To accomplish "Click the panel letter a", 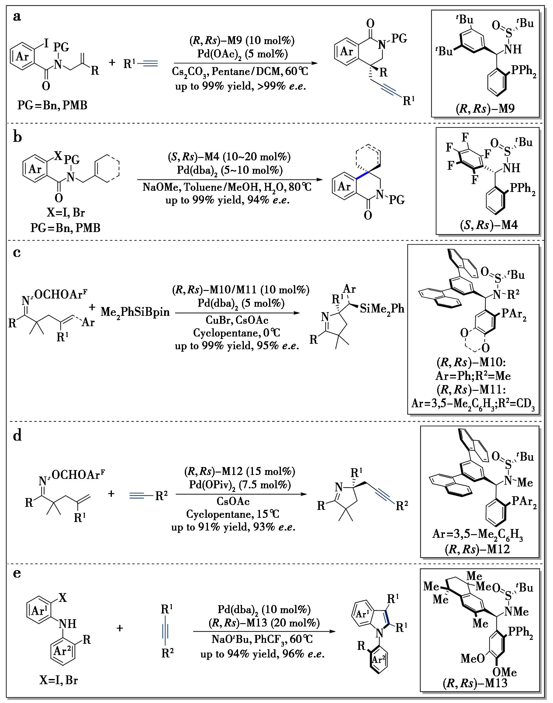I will point(17,17).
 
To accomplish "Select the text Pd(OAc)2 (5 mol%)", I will point(243,54).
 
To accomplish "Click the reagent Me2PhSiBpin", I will point(135,312).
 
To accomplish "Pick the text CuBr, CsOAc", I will point(237,320).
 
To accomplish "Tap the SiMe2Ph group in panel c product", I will point(382,309).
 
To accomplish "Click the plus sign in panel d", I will point(111,494).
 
